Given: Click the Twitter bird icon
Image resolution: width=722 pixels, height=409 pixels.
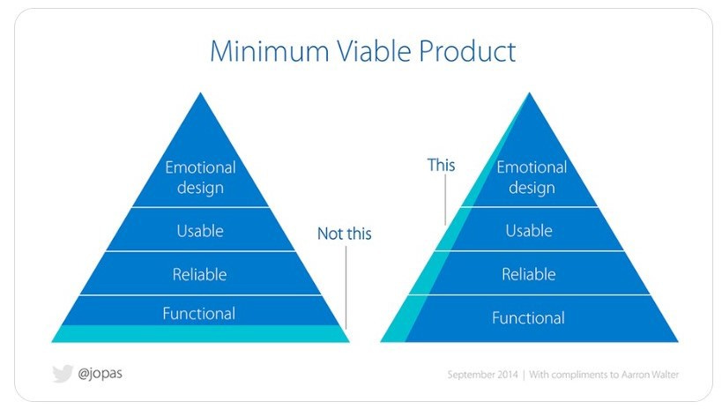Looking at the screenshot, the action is tap(63, 374).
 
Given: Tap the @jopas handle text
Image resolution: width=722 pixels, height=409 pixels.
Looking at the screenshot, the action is tap(100, 373).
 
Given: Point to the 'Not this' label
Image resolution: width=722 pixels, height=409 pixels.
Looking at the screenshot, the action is tap(345, 234).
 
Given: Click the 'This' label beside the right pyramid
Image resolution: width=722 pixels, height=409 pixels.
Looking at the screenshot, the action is tap(441, 165).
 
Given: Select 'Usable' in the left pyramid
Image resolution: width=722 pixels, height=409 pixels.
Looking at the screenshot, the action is tap(200, 231).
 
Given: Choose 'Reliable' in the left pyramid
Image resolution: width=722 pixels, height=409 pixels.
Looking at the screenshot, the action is tap(199, 274).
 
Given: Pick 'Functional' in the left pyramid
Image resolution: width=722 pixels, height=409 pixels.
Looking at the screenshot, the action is tap(199, 314).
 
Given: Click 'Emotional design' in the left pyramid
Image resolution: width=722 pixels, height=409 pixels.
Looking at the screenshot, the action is tap(200, 177).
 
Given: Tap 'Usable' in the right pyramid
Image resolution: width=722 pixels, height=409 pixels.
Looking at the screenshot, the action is tap(529, 231).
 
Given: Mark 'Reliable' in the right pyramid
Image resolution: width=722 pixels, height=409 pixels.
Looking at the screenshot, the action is tap(529, 274).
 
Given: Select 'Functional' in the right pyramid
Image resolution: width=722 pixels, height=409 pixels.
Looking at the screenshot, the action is tap(528, 318).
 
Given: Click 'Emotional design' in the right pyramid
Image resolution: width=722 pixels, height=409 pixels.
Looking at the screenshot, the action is tap(532, 177).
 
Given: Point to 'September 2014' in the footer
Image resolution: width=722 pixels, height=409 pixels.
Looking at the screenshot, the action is tap(482, 375).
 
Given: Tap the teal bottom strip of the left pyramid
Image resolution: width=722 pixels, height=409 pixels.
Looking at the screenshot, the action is tap(200, 334).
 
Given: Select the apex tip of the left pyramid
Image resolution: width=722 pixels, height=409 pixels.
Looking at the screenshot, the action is tap(200, 93).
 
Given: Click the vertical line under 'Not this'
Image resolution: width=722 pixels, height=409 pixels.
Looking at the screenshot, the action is tap(346, 287).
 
